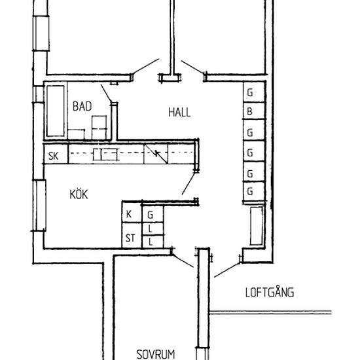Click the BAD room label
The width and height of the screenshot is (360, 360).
(x=82, y=106)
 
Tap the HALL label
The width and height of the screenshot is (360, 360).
(x=179, y=113)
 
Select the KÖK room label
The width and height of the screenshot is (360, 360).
(x=79, y=194)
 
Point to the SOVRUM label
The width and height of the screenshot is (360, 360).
(x=155, y=354)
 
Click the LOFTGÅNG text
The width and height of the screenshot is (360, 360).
(x=270, y=292)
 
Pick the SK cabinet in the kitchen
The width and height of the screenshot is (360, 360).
(x=56, y=154)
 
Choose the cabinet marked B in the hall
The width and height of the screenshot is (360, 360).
(x=254, y=111)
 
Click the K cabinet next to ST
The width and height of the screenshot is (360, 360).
(x=132, y=212)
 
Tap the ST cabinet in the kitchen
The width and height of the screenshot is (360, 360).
(x=132, y=236)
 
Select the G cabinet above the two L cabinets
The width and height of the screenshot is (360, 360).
(x=153, y=214)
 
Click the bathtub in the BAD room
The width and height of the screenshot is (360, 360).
(x=56, y=111)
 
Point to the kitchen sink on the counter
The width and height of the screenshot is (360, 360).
(x=106, y=154)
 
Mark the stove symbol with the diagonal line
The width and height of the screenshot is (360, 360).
(x=156, y=154)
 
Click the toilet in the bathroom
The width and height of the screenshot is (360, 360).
(x=99, y=128)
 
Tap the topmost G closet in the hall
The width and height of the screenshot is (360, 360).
(x=254, y=92)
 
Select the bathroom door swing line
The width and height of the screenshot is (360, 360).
(x=106, y=94)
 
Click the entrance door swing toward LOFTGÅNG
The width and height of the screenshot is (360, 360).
(x=227, y=270)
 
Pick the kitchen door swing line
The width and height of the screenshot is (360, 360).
(x=189, y=184)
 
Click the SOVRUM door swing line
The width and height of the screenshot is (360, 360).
(x=183, y=261)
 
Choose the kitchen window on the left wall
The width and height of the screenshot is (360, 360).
(x=39, y=206)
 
